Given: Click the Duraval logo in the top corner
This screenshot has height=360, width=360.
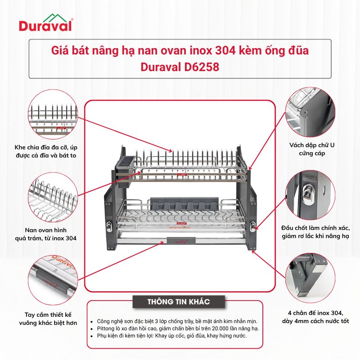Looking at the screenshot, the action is coord(46,22).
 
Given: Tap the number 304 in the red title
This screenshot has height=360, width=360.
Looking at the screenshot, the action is coord(225,50).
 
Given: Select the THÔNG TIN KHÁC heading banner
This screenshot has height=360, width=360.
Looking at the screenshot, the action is coord(179,301).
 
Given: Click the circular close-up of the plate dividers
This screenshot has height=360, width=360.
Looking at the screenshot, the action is coord(53,114).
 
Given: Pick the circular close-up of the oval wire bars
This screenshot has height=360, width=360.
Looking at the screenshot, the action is coord(53,197).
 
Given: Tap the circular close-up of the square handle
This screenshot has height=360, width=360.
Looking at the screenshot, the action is coord(53,280).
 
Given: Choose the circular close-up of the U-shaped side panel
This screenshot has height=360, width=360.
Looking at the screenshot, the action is coord(310,112).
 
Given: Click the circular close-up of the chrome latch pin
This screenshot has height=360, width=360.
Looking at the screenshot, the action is coord(310,195).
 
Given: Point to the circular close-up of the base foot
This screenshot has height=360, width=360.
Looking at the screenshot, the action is coord(310,278).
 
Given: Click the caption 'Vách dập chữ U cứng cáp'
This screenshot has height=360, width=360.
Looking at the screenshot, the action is coord(312,149).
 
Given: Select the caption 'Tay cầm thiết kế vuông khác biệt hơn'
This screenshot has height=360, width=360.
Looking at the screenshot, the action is coord(48,319).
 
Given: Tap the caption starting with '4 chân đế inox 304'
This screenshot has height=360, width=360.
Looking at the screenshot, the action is coord(315,317).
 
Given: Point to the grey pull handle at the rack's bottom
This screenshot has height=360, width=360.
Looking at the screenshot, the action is coord(181,241).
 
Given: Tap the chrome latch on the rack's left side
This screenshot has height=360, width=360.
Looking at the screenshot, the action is coord(109,225).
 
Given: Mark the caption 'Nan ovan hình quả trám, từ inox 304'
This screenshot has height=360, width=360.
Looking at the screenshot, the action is coord(46,234).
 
